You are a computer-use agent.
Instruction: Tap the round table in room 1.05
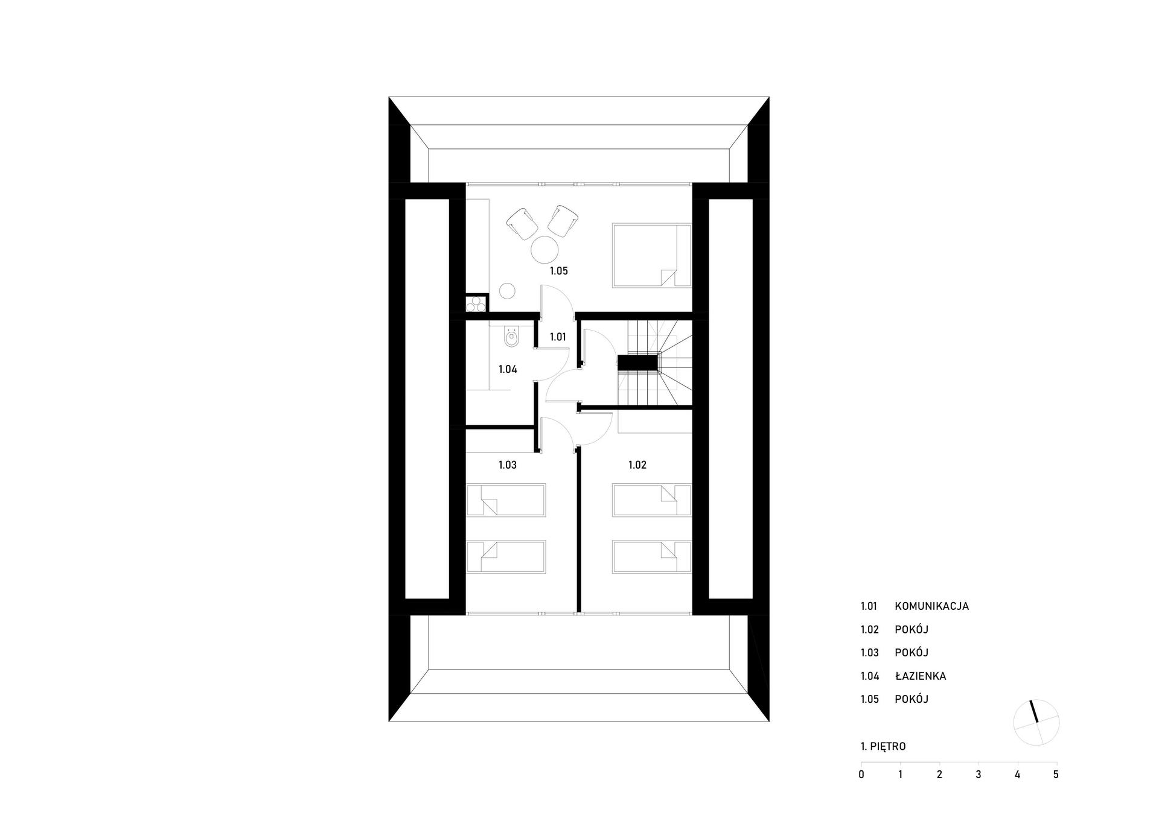pos(544,250)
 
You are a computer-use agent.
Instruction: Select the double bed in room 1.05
pos(651,255)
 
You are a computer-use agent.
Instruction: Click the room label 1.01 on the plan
pos(558,337)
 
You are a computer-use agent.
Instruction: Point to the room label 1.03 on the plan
pos(507,465)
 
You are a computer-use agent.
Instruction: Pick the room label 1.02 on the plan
pos(637,465)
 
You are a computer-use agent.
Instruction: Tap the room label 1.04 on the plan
pos(507,369)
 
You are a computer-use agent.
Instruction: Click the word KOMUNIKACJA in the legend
pos(931,606)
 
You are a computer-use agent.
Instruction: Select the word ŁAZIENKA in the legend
pos(920,676)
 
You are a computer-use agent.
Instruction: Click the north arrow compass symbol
pos(1036,723)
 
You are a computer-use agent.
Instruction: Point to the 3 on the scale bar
pos(978,775)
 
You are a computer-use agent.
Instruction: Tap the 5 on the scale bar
pos(1056,775)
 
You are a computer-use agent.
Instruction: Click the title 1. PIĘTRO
pos(883,746)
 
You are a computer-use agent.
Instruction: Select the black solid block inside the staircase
pos(637,363)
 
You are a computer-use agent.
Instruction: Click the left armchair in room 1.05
pos(522,223)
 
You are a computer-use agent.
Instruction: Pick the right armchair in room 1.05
pos(563,221)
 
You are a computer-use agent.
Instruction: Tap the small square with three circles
pos(476,303)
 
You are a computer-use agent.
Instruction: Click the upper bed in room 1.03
pos(506,500)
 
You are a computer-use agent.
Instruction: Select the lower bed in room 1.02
pos(651,556)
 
